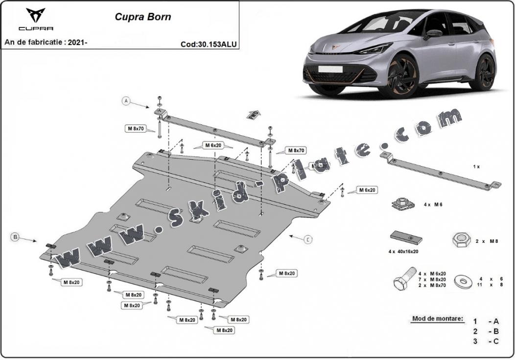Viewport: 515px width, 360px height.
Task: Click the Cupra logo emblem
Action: tap(35, 15)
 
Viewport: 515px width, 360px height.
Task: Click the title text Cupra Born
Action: tap(143, 17)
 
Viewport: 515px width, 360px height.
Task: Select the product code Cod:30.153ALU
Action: tap(209, 44)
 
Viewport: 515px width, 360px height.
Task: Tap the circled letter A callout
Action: tap(126, 101)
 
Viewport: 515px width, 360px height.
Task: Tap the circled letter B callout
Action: tap(15, 237)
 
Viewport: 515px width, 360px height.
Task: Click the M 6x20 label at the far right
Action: tap(367, 190)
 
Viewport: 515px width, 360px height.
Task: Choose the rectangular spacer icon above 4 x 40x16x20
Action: tap(406, 237)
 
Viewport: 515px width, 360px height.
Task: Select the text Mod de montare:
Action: tap(437, 319)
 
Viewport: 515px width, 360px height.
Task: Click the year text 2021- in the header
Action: tap(77, 43)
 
